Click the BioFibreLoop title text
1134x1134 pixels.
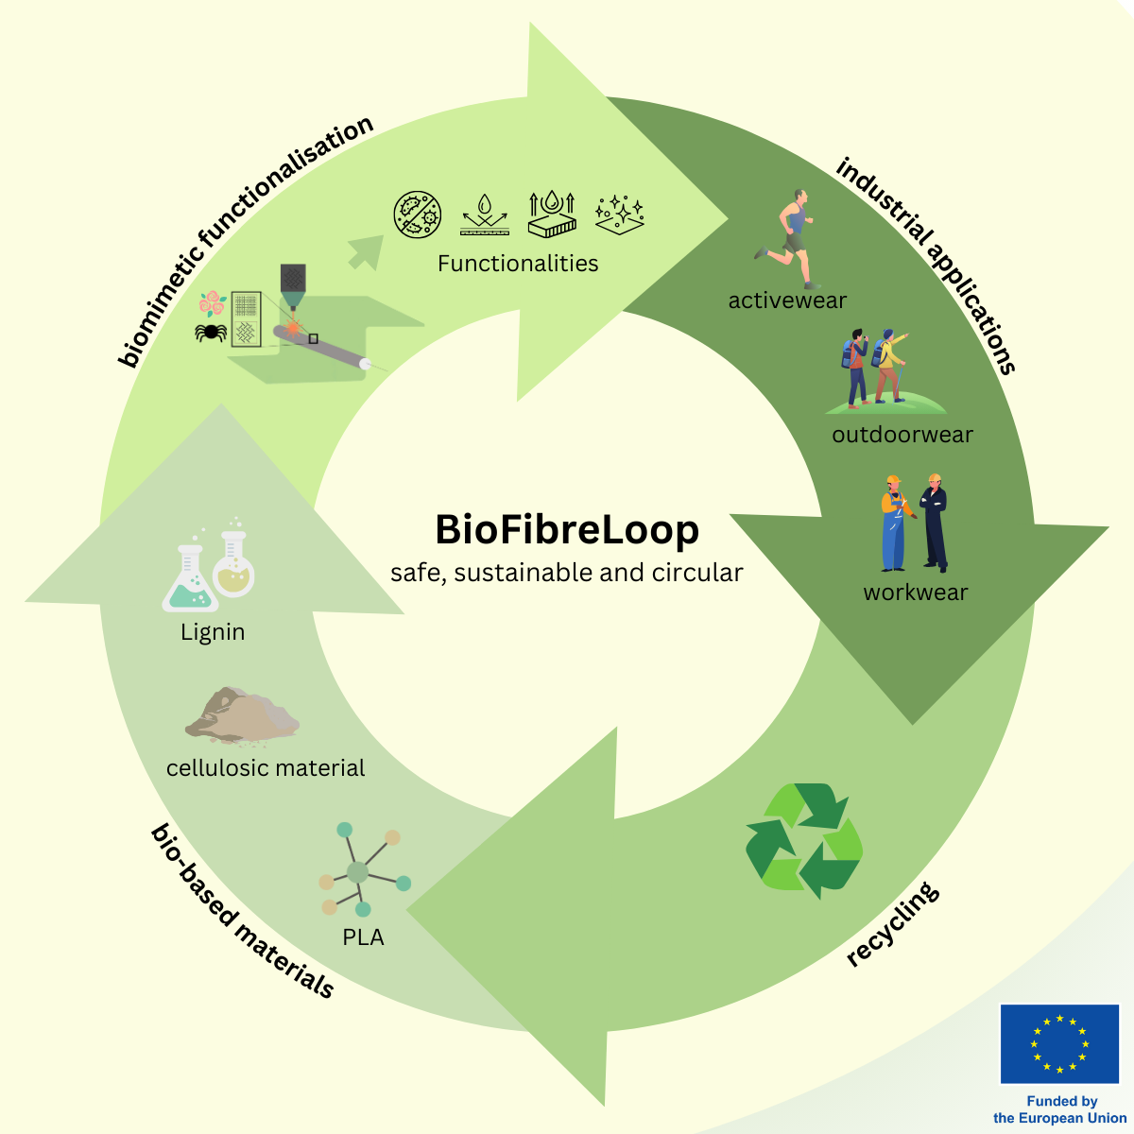567,529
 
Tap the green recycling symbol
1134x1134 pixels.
804,840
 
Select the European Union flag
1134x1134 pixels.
1059,1043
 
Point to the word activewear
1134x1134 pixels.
787,301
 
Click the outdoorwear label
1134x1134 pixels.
902,435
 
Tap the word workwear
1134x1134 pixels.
915,593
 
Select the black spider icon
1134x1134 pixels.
211,332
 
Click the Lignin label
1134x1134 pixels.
213,631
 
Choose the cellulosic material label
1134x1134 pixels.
266,767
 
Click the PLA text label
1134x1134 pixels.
363,937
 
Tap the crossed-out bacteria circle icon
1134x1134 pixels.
418,215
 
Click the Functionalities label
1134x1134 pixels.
518,263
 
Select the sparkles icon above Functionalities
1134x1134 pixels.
620,215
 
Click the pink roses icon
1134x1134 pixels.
213,303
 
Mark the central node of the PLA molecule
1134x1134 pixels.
356,871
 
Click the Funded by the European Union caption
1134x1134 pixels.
1060,1109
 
